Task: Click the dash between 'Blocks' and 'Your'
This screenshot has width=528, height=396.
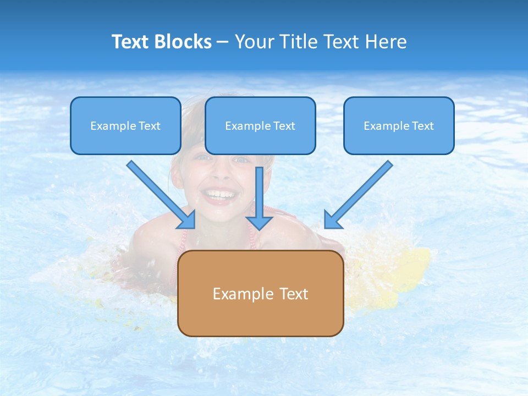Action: [223, 42]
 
